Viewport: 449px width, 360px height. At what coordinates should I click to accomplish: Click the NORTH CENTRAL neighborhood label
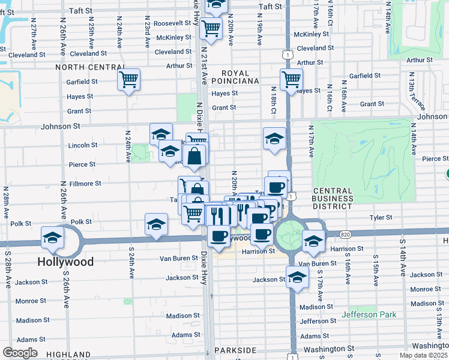[x=86, y=67]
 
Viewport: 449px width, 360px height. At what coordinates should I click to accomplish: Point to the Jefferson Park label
[x=369, y=314]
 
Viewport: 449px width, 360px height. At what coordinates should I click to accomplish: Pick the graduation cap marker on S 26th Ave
[x=52, y=237]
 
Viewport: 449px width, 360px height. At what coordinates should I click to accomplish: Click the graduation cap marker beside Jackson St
[x=297, y=277]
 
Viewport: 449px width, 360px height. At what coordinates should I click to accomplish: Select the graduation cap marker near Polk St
[x=156, y=224]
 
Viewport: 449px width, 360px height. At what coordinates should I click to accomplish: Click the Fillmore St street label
[x=82, y=184]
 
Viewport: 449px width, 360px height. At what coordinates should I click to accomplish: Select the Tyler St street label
[x=381, y=218]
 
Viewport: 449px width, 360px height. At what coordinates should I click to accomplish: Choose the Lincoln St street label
[x=83, y=145]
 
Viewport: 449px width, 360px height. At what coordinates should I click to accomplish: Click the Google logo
[x=20, y=353]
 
